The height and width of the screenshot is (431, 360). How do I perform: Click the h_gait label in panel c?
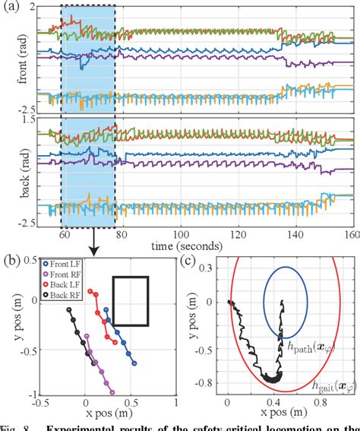pos(333,388)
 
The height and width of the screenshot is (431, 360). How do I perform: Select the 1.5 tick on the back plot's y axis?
pos(30,120)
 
